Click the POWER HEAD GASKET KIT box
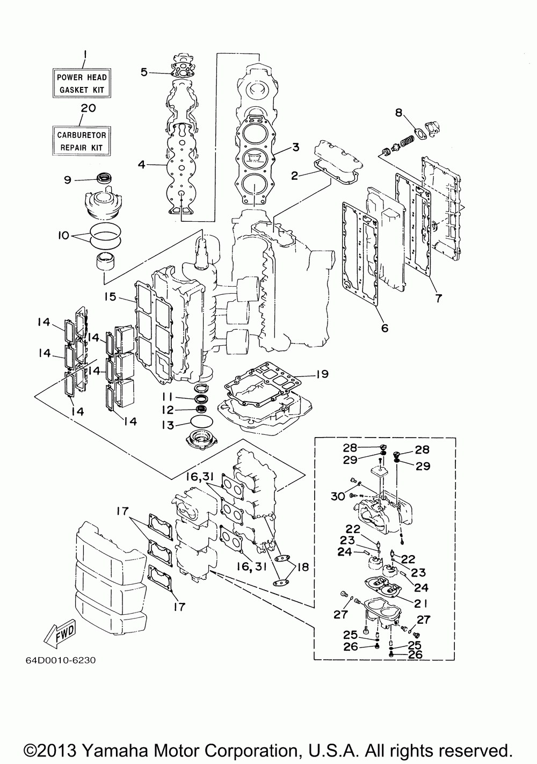82,83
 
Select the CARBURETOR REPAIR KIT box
82,141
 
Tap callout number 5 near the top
144,72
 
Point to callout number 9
68,180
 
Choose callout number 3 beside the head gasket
295,147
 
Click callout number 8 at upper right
399,113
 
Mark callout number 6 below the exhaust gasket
384,328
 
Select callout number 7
438,298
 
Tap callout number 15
111,297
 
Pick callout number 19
322,374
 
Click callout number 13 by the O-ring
168,425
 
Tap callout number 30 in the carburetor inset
338,496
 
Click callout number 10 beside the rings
63,235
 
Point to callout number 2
294,176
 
